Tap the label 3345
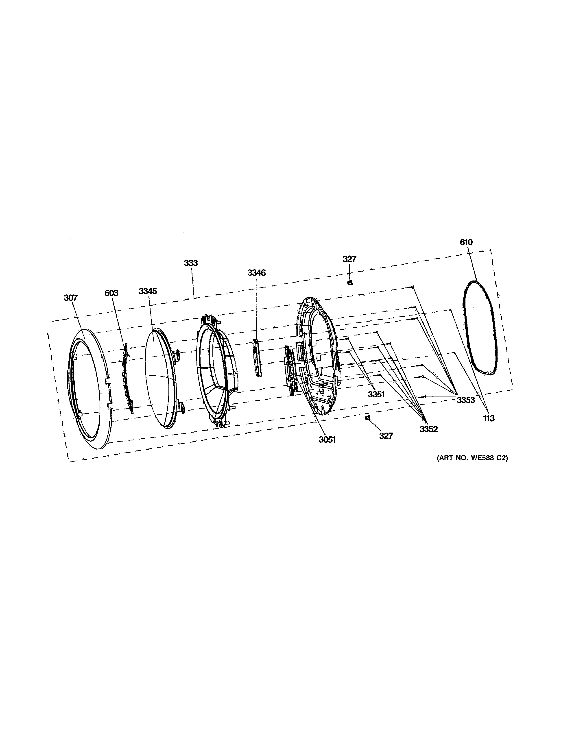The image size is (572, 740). pyautogui.click(x=148, y=291)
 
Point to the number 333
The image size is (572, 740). pyautogui.click(x=191, y=263)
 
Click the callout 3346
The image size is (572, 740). pyautogui.click(x=257, y=273)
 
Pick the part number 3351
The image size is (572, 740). pyautogui.click(x=376, y=394)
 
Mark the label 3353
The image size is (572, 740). pyautogui.click(x=466, y=400)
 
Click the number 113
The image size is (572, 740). pyautogui.click(x=489, y=418)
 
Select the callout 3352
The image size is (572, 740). pyautogui.click(x=429, y=429)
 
